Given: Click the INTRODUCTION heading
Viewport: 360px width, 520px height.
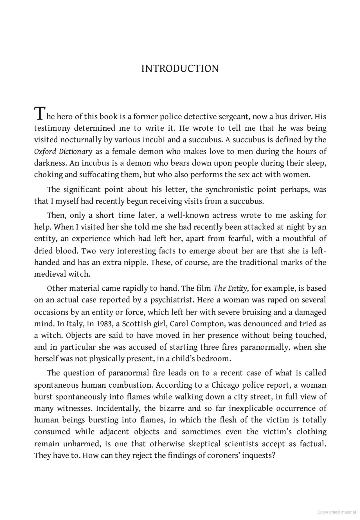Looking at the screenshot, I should click(x=180, y=69).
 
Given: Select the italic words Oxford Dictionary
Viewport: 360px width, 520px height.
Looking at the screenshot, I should click(x=63, y=152).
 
